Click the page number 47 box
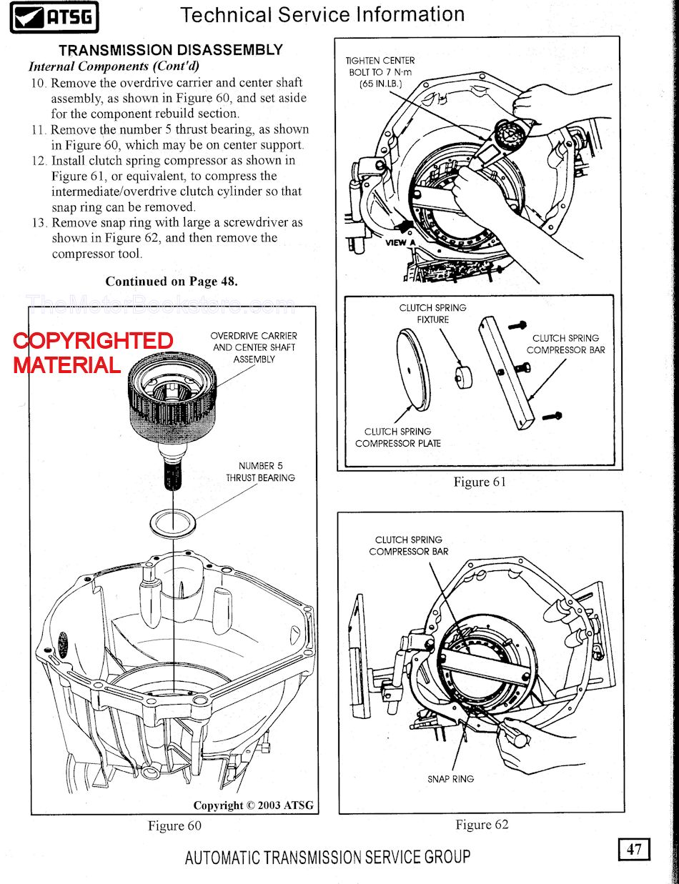point(634,849)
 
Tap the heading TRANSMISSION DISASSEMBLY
point(171,50)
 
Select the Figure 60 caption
point(174,825)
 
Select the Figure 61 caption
point(480,482)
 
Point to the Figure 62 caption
point(482,825)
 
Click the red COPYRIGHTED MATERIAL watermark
point(93,352)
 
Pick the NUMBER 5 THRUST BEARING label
point(260,472)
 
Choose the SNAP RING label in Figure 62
point(450,778)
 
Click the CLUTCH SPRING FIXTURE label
point(432,314)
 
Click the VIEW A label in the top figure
point(395,242)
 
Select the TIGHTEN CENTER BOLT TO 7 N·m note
point(380,72)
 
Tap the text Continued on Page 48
point(172,282)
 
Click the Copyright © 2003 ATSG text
point(253,805)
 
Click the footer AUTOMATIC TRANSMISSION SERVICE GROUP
point(327,857)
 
